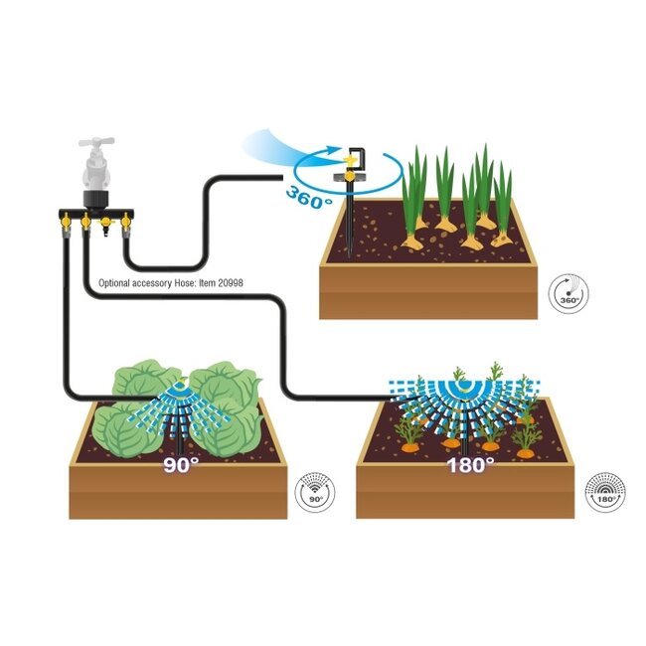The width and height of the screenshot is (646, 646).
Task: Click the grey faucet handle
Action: [x=96, y=142]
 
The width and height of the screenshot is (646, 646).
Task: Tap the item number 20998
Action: [x=231, y=283]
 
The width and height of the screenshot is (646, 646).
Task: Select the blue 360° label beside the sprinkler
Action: [x=309, y=198]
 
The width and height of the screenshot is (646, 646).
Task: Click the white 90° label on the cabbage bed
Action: [x=181, y=465]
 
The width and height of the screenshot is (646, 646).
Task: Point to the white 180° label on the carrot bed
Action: [x=470, y=465]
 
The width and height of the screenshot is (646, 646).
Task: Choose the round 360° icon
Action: [x=568, y=294]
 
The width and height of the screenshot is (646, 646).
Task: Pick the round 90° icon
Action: [x=315, y=492]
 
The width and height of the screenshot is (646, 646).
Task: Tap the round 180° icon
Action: [x=605, y=492]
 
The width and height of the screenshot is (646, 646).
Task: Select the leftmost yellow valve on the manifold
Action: [x=66, y=222]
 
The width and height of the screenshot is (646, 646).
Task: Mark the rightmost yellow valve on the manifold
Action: [x=125, y=222]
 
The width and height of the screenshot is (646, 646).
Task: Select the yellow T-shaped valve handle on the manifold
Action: [x=106, y=223]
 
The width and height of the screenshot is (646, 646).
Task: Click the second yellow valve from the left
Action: [x=85, y=222]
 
